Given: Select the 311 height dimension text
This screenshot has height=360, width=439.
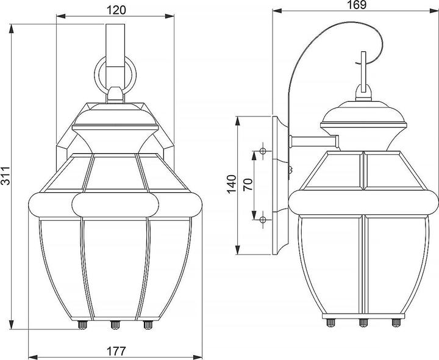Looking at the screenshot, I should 7,178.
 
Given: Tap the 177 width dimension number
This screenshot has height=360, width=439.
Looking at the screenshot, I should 116,351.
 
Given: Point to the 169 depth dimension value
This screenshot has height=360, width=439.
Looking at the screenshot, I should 356,5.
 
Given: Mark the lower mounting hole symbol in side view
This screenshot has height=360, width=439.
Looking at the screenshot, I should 263,218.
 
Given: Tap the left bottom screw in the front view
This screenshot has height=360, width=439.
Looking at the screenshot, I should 82,325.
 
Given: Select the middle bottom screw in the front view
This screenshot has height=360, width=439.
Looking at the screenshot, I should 115,325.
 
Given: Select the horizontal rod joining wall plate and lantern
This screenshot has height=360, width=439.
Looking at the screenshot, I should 313,142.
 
